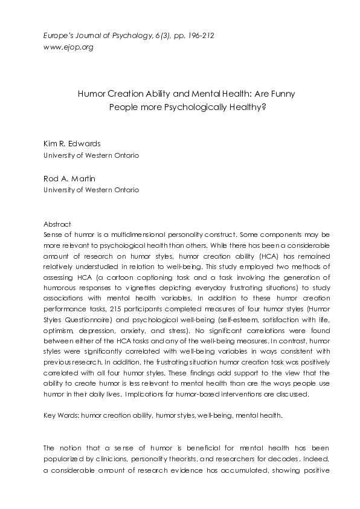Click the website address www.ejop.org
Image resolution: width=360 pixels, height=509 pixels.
point(68,47)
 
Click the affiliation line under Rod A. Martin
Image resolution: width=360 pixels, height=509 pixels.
point(91,190)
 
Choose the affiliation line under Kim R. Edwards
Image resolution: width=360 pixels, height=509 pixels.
point(91,155)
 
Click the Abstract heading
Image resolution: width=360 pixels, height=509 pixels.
point(57,224)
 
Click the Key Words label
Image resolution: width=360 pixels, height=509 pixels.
point(62,416)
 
